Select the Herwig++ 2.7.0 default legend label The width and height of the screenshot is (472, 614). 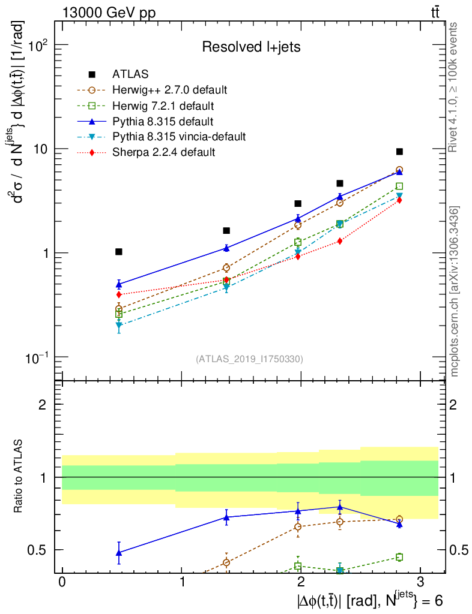tap(169, 90)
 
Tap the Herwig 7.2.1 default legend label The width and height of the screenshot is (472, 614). tap(163, 106)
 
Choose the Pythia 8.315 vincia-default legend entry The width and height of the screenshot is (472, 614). tap(179, 137)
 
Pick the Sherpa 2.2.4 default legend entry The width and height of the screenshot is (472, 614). tap(163, 152)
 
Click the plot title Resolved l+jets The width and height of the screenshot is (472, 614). tap(251, 47)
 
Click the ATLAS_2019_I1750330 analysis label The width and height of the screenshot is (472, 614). tap(249, 359)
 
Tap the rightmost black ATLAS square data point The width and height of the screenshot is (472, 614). tap(399, 152)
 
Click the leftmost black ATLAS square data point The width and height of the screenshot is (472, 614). tap(119, 252)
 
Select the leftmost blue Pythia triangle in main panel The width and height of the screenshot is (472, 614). tap(119, 284)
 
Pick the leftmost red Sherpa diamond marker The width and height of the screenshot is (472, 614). tap(119, 294)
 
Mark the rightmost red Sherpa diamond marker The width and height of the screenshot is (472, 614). tap(399, 200)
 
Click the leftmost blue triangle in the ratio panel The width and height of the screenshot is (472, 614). tap(119, 552)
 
